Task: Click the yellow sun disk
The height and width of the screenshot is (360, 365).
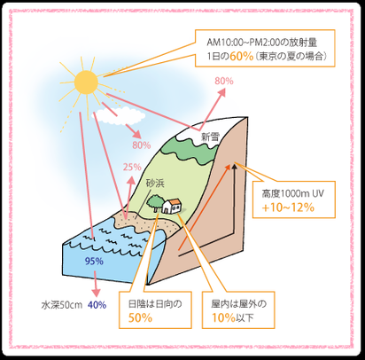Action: point(86,82)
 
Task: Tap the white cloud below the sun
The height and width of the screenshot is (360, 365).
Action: point(120,116)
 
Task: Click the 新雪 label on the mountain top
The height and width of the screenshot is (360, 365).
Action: point(211,137)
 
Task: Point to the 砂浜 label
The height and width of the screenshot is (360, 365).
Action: point(155,184)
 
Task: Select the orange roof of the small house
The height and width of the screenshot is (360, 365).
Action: point(175,201)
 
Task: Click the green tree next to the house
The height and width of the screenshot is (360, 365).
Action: point(154,202)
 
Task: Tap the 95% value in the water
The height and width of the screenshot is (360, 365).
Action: point(94,261)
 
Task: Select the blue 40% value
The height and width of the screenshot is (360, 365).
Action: point(97,305)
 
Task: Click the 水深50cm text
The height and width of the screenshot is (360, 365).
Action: point(62,305)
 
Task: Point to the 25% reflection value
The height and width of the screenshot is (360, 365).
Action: point(132,168)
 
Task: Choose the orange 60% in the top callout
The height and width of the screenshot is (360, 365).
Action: point(242,56)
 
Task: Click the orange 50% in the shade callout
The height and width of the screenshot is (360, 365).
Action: point(140,317)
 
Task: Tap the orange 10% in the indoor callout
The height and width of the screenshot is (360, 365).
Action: point(223,317)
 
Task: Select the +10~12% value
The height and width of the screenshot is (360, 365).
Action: point(288,207)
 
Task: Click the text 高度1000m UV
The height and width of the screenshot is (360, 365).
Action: point(292,193)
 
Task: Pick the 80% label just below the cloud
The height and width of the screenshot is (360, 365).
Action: point(142,145)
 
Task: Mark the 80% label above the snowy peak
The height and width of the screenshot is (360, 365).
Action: point(224,81)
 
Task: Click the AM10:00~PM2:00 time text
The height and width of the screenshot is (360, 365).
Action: point(243,43)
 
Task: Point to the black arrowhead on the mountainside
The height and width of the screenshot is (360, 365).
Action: point(235,167)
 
